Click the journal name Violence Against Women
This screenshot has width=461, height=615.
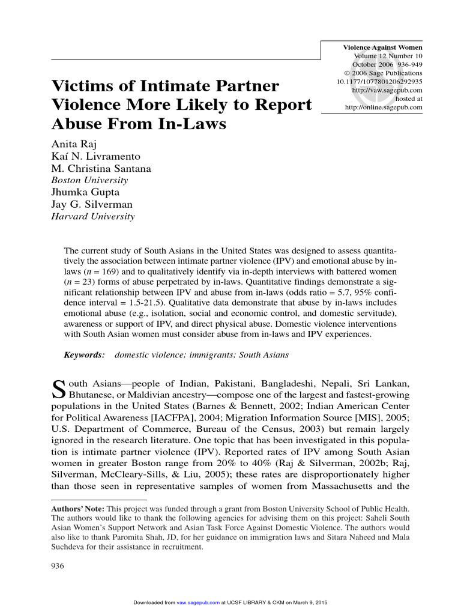[x=382, y=47]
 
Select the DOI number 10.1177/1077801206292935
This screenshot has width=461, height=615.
[x=379, y=82]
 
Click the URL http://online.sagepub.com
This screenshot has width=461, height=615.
[x=384, y=107]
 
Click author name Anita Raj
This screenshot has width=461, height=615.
[x=70, y=144]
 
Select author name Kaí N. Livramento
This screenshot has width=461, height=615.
[x=95, y=157]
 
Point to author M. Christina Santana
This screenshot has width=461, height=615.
[x=101, y=169]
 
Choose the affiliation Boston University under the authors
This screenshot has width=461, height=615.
[x=89, y=180]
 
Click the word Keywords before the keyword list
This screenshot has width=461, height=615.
[x=85, y=355]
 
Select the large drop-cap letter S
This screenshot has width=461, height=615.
[x=59, y=389]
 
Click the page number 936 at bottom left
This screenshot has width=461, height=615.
[x=58, y=566]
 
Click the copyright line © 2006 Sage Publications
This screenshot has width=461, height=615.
[x=384, y=73]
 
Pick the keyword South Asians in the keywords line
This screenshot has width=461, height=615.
[x=264, y=355]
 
